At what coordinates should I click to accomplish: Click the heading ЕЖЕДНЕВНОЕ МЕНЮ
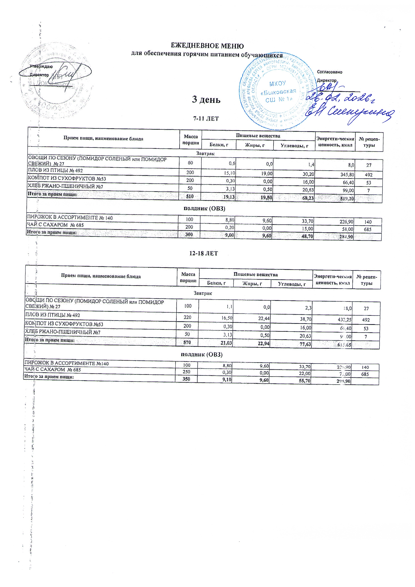[207, 46]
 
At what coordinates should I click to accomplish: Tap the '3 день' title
[206, 99]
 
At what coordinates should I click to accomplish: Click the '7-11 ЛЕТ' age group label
[206, 119]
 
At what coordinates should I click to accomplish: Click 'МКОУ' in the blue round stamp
[278, 83]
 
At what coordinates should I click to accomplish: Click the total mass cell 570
[187, 342]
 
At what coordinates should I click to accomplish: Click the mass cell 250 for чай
[186, 373]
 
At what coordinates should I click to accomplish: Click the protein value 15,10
[228, 173]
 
